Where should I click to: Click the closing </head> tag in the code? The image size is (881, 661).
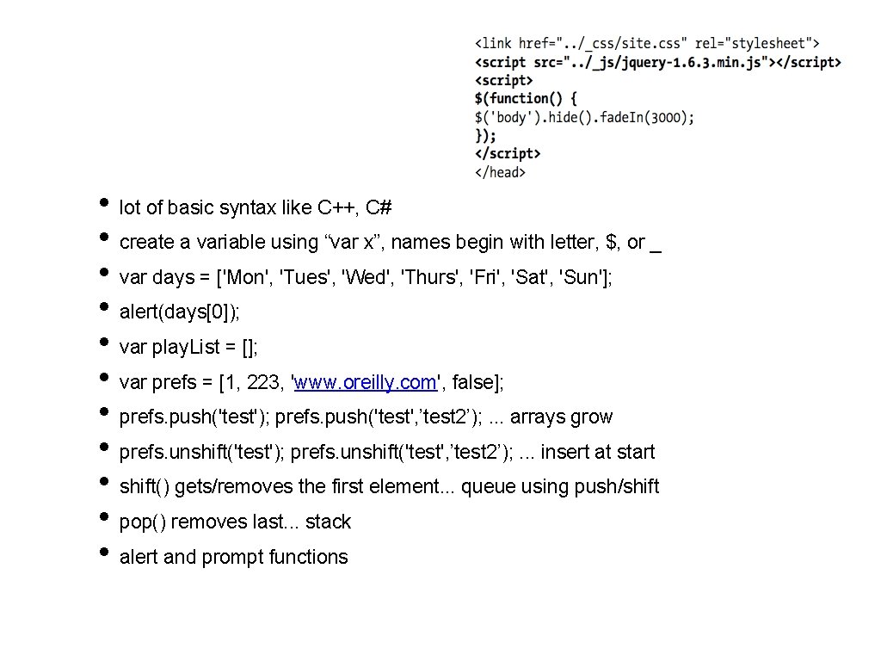[x=500, y=172]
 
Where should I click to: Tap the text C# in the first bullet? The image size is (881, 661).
[x=379, y=207]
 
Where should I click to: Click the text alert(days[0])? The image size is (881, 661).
[x=180, y=312]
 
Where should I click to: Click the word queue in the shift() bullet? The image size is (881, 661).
[x=488, y=487]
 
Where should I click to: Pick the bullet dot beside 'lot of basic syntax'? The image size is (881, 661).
[x=103, y=203]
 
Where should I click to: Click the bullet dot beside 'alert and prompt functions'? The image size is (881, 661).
[x=103, y=553]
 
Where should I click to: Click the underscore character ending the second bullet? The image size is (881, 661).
[x=656, y=248]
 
